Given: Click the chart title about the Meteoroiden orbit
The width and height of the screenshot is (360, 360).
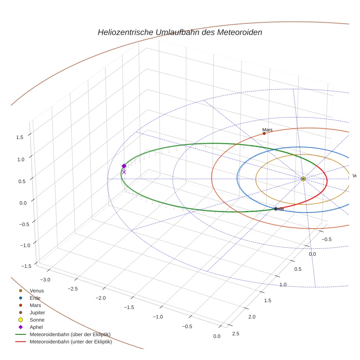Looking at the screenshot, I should [180, 32].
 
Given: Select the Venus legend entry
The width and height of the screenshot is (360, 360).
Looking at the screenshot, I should [37, 291].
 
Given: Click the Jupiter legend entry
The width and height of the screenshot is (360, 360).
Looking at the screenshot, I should [37, 313].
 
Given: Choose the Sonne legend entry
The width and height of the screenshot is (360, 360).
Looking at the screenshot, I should [37, 320].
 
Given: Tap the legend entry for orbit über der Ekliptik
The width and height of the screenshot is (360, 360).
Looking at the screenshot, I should [70, 335].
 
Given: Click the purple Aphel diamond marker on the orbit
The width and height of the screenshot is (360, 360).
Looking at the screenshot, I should [124, 166].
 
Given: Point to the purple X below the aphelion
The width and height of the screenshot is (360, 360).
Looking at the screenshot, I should [124, 172].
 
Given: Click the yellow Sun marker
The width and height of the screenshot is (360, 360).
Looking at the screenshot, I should [303, 179].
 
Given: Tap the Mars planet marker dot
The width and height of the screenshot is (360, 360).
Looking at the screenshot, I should [264, 134].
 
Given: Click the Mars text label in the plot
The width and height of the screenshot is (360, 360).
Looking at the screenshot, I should [267, 130].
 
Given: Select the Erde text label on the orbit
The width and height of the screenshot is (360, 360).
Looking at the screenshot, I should [279, 209].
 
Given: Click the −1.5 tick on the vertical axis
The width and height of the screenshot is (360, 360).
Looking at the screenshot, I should [25, 266].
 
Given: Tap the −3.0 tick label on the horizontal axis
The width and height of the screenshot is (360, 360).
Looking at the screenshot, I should [45, 280].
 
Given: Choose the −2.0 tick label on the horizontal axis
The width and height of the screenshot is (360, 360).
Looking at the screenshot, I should [100, 298].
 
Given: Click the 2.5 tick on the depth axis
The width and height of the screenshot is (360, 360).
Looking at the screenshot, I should [236, 333].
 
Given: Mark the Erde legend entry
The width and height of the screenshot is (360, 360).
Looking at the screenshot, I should [35, 298].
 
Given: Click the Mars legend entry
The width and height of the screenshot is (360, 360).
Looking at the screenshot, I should [35, 305].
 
